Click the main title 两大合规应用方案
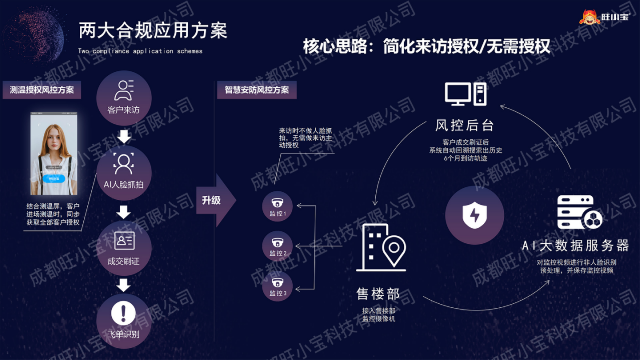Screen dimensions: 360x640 click(x=153, y=31)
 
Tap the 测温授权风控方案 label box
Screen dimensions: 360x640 click(x=42, y=90)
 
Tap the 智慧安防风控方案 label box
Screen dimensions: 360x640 click(x=257, y=90)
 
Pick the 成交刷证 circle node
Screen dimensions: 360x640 click(x=124, y=248)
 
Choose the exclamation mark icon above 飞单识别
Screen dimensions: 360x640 click(x=123, y=313)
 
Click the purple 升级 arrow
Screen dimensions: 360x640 click(x=215, y=200)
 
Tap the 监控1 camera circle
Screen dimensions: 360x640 click(x=277, y=206)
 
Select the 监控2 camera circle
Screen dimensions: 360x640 click(x=277, y=246)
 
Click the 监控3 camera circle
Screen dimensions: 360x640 click(x=277, y=286)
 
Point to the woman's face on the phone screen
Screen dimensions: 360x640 click(x=54, y=140)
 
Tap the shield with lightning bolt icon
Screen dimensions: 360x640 click(x=474, y=215)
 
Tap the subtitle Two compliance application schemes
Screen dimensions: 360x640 click(x=140, y=51)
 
